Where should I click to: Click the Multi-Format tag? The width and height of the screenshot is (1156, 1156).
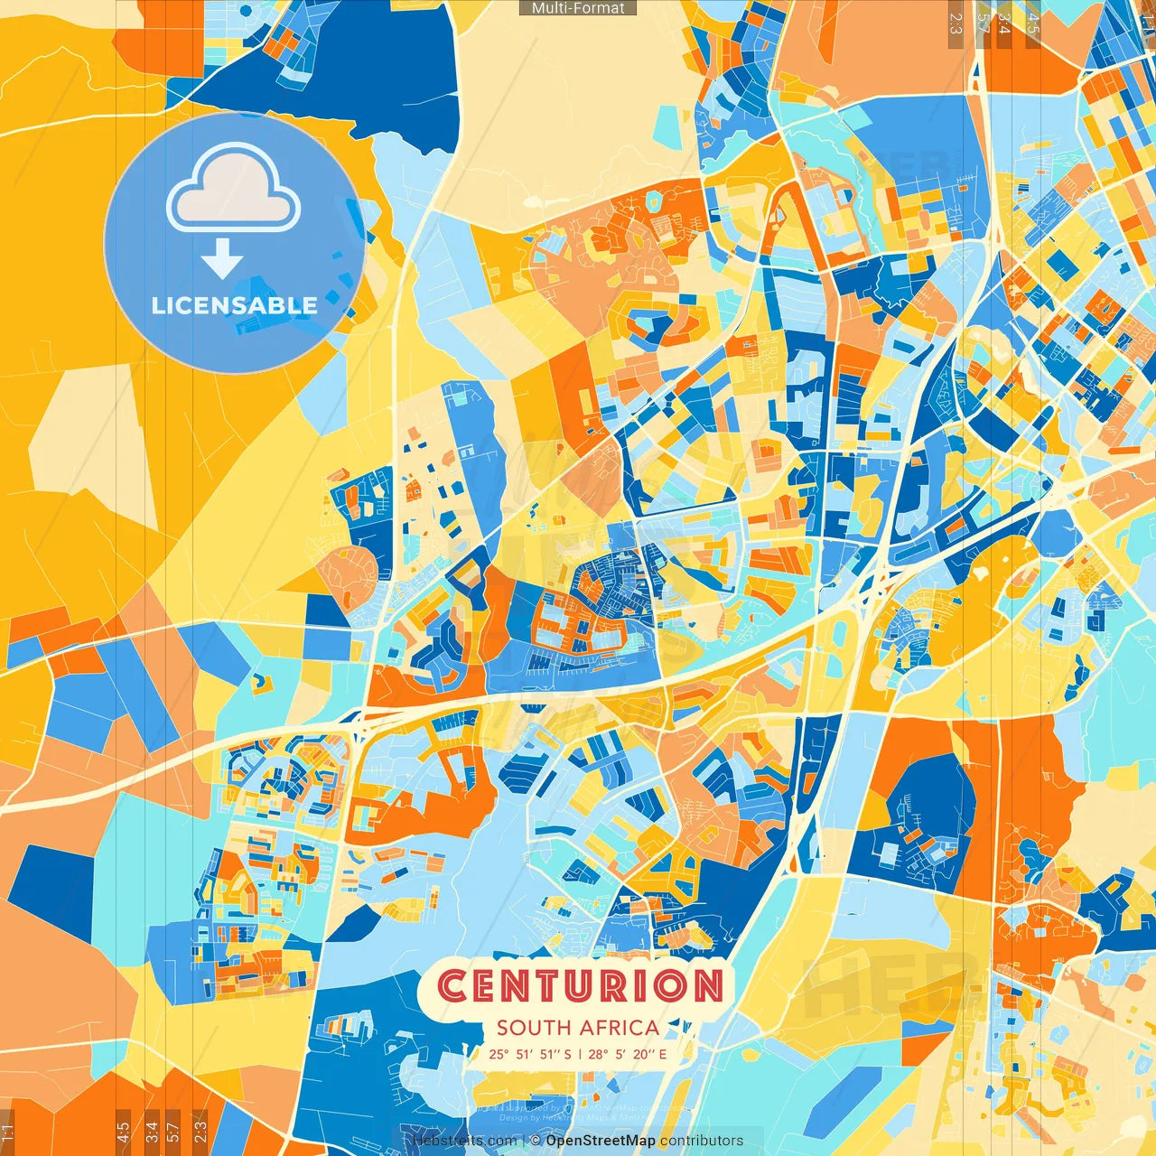(x=578, y=8)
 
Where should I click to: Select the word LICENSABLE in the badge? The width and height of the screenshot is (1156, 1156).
(x=234, y=305)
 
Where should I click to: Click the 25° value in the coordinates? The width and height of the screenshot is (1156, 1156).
(x=499, y=1054)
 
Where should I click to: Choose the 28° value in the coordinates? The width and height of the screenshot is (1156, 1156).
(x=598, y=1054)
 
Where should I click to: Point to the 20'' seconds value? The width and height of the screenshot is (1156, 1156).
(x=644, y=1054)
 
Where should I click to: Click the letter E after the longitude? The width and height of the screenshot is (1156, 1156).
(x=663, y=1054)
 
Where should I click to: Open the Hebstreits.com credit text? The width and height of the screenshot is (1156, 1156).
(x=464, y=1141)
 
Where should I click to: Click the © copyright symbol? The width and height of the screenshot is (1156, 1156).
(x=536, y=1141)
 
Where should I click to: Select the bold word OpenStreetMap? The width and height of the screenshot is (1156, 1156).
(x=601, y=1141)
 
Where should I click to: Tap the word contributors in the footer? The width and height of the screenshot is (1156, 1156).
(x=702, y=1141)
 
